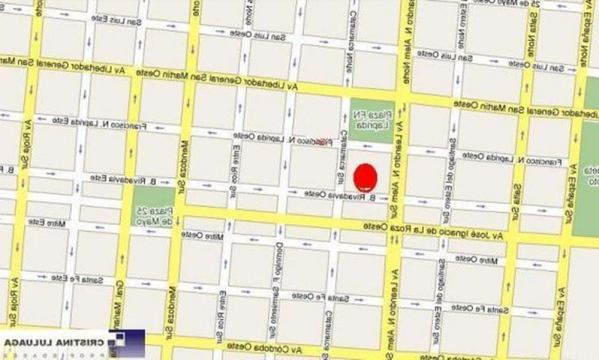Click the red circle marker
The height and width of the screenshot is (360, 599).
(x=366, y=177)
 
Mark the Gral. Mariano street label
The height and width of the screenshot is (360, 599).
(x=120, y=305)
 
